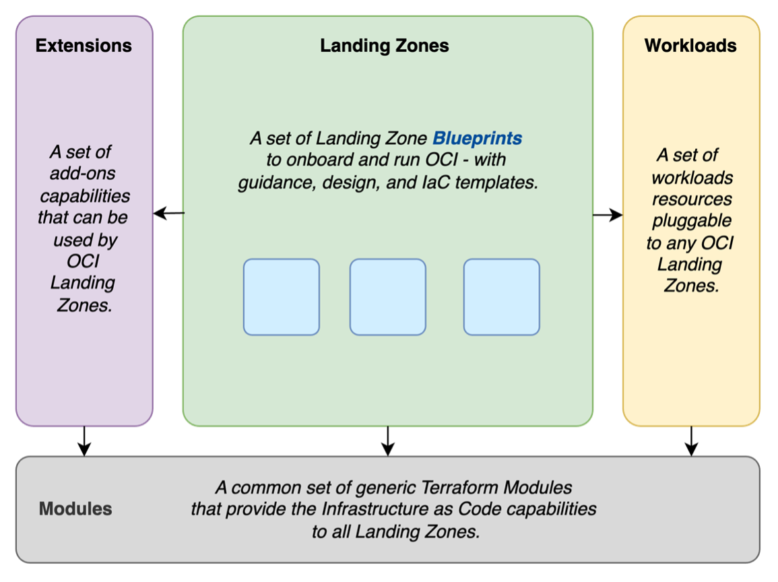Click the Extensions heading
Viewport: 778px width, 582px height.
[84, 46]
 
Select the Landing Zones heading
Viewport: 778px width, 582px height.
[384, 46]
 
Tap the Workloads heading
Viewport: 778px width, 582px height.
[690, 46]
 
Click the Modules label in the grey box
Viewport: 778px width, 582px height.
[75, 509]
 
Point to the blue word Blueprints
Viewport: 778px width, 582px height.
[477, 139]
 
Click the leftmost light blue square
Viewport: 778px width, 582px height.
[282, 297]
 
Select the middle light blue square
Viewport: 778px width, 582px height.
[387, 297]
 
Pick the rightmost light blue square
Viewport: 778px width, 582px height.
[501, 297]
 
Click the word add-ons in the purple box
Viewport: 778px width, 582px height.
[82, 174]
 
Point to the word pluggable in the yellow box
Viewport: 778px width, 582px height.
[692, 221]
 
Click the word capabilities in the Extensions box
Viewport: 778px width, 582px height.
[85, 196]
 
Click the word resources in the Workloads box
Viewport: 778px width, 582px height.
[692, 199]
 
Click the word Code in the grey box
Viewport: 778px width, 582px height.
[491, 509]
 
